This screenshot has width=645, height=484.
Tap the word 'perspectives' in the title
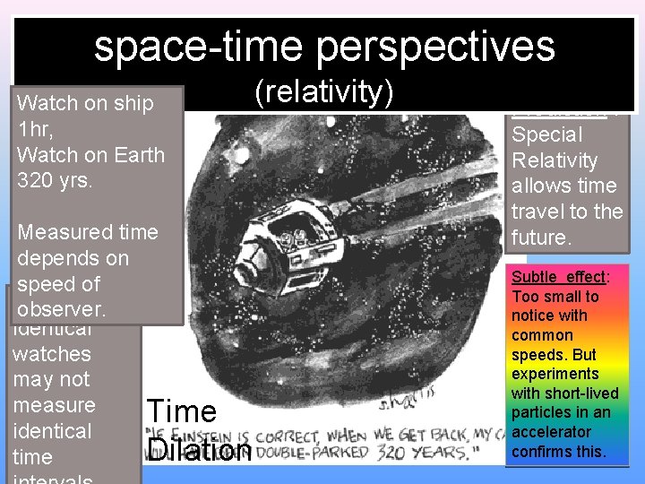[x=440, y=47]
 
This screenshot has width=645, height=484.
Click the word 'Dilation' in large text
[x=199, y=450]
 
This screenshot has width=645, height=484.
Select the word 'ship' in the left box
[x=133, y=103]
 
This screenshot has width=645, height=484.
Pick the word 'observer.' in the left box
[x=61, y=309]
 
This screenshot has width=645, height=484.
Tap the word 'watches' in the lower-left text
[x=51, y=354]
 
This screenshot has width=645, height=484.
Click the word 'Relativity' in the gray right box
[x=554, y=160]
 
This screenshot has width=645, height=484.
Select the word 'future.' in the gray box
[x=540, y=238]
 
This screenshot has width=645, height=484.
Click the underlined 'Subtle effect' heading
[x=559, y=277]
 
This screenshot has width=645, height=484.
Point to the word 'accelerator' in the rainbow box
[x=552, y=432]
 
